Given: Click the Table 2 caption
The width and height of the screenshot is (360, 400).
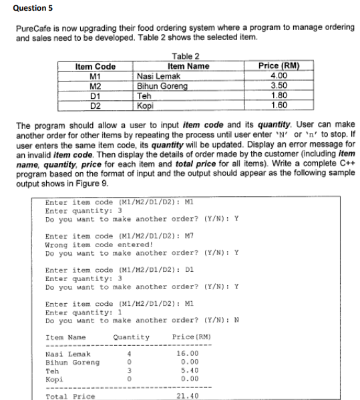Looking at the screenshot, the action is tap(186, 56).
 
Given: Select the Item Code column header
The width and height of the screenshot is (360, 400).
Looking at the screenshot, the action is tap(96, 66).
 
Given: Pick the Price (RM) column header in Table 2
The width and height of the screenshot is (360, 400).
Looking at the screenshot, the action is tap(278, 66).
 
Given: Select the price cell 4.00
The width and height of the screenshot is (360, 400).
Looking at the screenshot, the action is tap(278, 76).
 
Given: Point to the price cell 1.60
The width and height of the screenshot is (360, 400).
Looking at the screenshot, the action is tap(278, 106).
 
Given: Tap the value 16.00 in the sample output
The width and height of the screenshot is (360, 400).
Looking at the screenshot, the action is tap(187, 353).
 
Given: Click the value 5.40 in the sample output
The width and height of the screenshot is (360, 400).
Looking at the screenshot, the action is tap(187, 371).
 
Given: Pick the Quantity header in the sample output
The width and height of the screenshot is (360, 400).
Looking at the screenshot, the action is tap(132, 337).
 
